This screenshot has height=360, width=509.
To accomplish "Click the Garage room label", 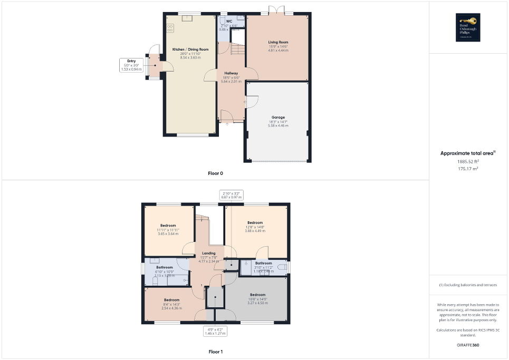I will (278, 117).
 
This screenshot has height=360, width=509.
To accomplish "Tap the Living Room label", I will (278, 42).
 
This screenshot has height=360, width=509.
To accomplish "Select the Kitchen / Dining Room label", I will (190, 49).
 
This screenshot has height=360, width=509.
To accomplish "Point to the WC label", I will (229, 21).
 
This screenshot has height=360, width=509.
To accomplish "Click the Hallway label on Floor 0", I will (231, 73).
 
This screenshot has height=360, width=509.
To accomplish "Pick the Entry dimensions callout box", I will (131, 65).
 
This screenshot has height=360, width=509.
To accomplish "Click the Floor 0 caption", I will (216, 173).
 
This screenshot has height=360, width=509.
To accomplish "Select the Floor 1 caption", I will (216, 352).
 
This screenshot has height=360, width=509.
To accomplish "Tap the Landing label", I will (209, 253).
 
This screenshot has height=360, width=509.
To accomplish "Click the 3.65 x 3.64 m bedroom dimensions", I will (169, 233).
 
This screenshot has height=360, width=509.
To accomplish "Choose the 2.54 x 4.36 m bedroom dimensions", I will (168, 307).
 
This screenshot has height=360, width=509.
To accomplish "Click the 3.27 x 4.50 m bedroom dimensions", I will (257, 303).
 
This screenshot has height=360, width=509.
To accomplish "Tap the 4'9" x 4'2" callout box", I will (215, 332).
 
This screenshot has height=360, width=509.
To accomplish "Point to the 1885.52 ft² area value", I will (468, 162).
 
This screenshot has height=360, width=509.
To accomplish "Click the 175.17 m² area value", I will (468, 169).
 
